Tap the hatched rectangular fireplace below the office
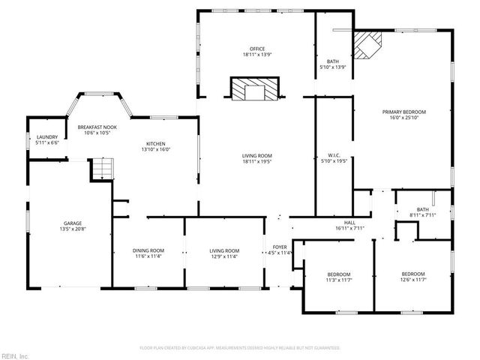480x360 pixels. coord(256,91)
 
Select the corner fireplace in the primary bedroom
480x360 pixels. coord(367,45)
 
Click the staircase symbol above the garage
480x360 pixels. coord(102,169)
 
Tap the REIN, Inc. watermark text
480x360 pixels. coord(14,355)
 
